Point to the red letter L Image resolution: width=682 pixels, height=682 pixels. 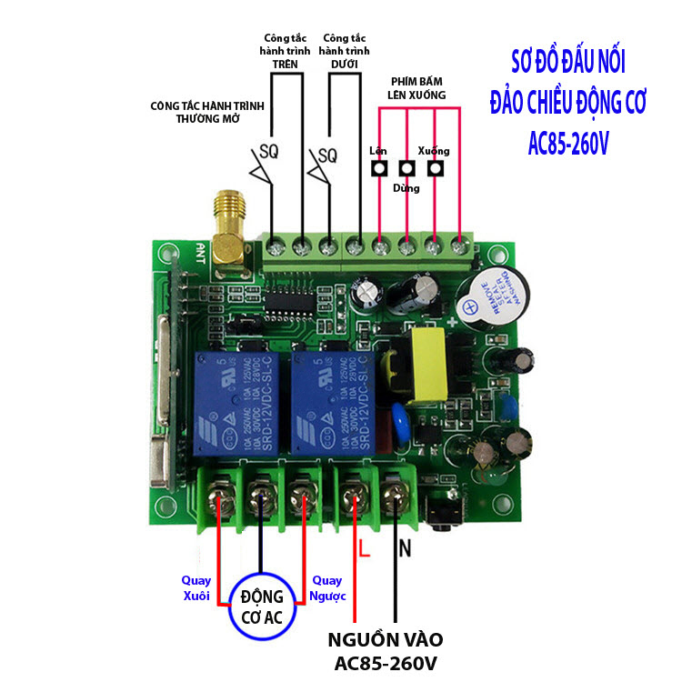coord(362,549)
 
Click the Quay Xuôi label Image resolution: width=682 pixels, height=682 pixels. coord(196,588)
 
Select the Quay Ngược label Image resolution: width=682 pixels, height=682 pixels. coord(328,588)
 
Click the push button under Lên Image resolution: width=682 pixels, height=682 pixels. coord(378,167)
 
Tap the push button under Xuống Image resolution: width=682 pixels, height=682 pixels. coord(436,167)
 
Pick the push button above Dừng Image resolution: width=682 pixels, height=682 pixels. coord(406,168)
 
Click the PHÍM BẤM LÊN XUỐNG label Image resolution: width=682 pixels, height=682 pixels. coord(418,87)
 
